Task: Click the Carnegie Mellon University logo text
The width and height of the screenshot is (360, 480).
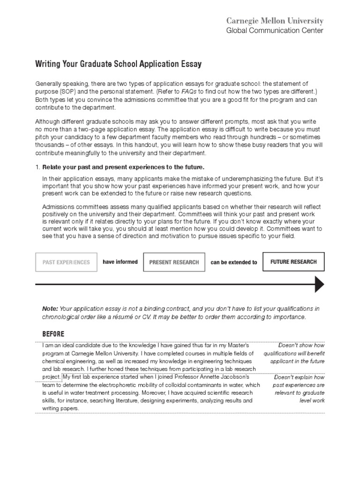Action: coord(275,21)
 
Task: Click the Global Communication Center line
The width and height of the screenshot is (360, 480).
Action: coord(275,31)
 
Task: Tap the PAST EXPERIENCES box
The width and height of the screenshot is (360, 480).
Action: coord(66,262)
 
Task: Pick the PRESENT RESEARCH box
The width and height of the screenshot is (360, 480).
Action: coord(174,262)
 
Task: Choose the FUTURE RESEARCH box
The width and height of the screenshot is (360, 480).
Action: coord(293,262)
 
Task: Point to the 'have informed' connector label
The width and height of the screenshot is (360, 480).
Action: coord(120,262)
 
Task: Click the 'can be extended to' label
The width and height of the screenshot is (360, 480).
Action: coord(234,262)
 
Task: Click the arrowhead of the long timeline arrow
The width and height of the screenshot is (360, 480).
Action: coord(319,284)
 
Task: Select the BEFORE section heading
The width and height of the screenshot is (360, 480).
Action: coord(53,334)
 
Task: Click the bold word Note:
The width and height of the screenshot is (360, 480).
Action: coord(50,308)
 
